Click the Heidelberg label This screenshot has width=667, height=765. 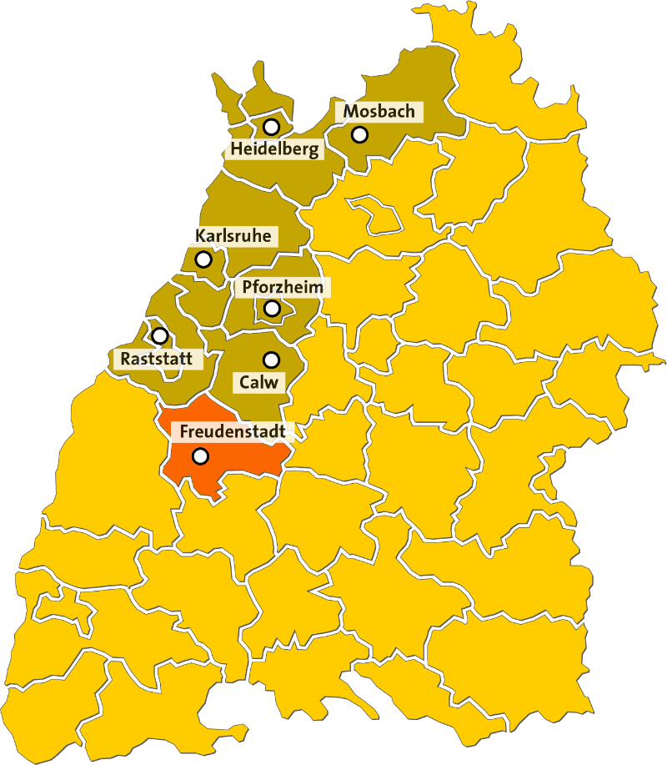click(274, 150)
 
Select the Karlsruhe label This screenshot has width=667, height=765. click(233, 236)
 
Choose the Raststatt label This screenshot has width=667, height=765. click(157, 360)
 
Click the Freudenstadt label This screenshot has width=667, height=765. click(233, 432)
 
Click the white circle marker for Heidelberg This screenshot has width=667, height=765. click(271, 127)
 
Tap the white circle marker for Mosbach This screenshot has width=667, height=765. click(359, 133)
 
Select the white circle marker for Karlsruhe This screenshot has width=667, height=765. click(203, 259)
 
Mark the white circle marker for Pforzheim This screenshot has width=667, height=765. click(272, 308)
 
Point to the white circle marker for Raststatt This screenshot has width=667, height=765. click(159, 335)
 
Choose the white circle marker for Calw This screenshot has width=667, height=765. click(271, 360)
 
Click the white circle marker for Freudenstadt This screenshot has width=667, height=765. click(200, 455)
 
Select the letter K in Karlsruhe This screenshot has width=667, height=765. click(200, 236)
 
